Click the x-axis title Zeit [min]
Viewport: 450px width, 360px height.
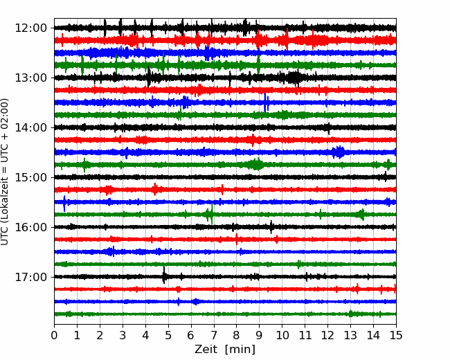225,350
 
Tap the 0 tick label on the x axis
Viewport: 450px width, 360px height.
55,336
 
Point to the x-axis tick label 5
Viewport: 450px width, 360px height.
168,336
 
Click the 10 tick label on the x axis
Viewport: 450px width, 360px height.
282,336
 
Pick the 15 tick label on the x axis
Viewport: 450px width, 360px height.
395,336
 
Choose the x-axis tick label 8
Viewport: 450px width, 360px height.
237,336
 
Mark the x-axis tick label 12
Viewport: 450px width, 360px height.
327,336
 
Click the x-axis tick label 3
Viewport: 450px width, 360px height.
123,336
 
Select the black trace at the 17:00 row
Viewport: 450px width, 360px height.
277,277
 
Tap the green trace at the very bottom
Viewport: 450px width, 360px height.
208,314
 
